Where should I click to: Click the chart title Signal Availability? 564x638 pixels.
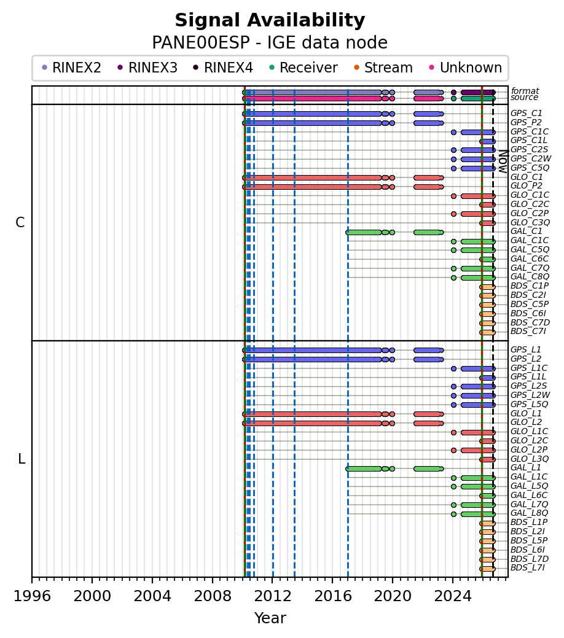[x=270, y=20]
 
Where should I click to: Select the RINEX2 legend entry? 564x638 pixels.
[x=72, y=68]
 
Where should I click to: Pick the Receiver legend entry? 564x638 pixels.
[x=304, y=68]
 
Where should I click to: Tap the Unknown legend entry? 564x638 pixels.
[x=466, y=68]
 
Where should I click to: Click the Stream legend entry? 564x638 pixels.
[x=383, y=68]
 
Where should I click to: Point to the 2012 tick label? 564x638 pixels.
[x=272, y=596]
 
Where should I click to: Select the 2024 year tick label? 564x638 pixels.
[x=453, y=596]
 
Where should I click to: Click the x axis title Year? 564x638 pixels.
[x=270, y=618]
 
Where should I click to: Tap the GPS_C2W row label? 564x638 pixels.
[x=531, y=158]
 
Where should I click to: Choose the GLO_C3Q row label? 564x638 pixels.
[x=530, y=222]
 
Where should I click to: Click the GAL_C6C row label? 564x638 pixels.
[x=530, y=259]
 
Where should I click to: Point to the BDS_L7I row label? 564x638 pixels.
[x=528, y=567]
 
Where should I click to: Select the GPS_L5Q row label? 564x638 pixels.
[x=530, y=404]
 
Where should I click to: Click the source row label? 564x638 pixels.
[x=525, y=97]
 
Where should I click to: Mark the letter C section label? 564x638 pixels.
[x=20, y=222]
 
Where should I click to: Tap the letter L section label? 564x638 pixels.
[x=22, y=459]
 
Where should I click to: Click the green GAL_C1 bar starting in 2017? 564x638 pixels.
[x=364, y=232]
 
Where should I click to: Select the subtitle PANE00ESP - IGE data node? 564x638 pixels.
[x=270, y=42]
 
